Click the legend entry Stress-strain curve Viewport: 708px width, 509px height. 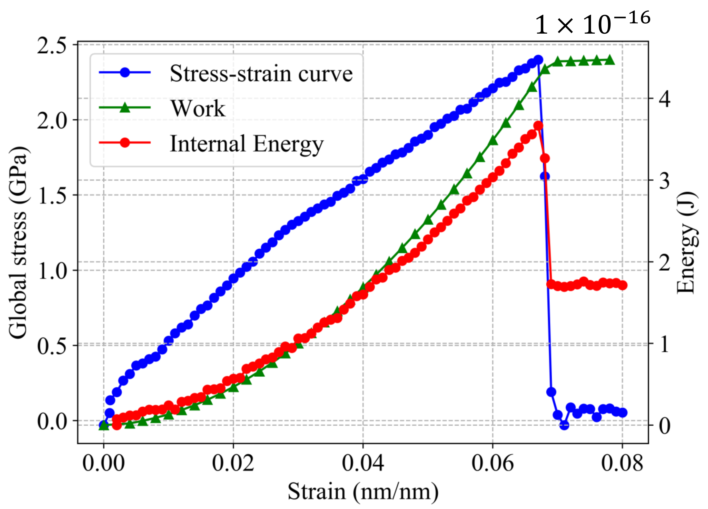261,74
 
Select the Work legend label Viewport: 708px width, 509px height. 198,109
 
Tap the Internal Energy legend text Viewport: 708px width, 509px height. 247,144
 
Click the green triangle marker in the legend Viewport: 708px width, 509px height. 125,108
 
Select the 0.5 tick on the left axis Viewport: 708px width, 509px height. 52,345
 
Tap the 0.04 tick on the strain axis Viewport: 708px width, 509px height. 363,463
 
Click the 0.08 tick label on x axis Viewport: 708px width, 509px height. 622,463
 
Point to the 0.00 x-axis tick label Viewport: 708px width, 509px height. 104,463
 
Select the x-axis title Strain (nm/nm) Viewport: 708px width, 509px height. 363,492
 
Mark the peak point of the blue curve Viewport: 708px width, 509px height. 538,59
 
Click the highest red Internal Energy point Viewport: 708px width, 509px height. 538,125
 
